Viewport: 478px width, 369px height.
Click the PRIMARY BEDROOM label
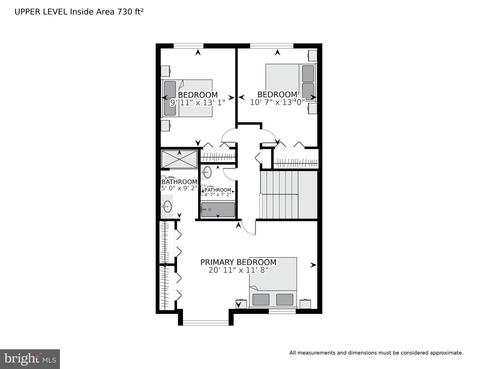(238, 262)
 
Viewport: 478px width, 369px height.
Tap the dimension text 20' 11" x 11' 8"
(238, 270)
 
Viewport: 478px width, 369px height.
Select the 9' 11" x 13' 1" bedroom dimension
(198, 103)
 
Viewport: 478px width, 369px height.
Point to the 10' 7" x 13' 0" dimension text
(277, 102)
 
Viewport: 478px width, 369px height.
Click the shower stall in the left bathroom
(179, 159)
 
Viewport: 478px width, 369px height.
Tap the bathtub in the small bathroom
(218, 210)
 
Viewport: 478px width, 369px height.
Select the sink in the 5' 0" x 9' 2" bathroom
(167, 207)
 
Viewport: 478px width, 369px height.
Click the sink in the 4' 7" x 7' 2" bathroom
(207, 172)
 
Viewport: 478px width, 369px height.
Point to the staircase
(288, 195)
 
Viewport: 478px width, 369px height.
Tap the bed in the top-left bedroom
(187, 98)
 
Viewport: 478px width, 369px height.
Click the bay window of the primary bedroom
(205, 322)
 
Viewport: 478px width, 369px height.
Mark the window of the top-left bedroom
(188, 46)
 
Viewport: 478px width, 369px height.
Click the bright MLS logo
(30, 359)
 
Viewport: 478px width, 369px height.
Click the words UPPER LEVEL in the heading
(41, 12)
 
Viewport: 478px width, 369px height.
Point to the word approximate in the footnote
(445, 353)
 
